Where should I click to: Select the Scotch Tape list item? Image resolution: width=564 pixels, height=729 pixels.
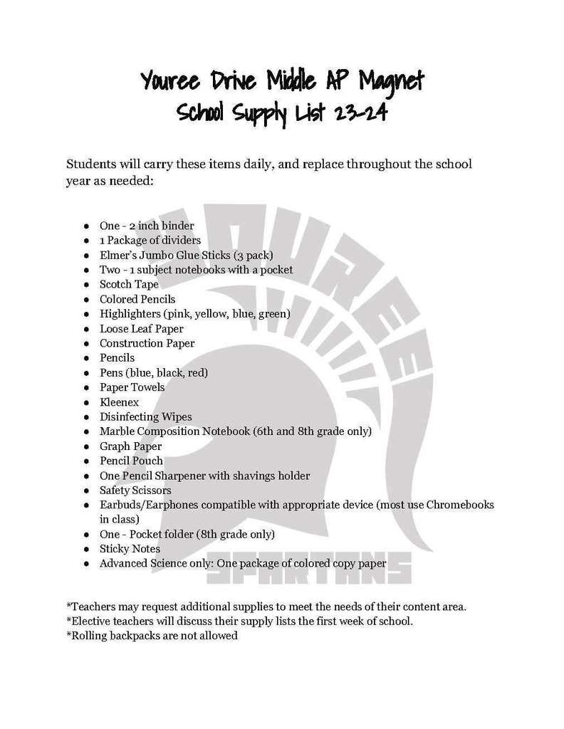[129, 284]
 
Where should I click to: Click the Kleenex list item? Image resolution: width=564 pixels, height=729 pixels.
[119, 402]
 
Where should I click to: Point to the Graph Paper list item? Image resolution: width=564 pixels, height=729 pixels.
[130, 446]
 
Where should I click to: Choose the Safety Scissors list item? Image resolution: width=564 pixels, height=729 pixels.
[135, 491]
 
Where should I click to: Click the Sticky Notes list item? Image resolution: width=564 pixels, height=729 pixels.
[130, 549]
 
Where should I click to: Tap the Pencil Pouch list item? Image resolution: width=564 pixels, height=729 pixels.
[131, 461]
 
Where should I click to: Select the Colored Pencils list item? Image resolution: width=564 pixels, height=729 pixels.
[137, 299]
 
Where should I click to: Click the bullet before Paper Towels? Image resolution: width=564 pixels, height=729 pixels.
[86, 388]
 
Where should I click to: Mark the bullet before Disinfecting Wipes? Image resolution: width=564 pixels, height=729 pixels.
[86, 417]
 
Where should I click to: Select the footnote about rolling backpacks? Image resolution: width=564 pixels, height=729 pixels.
[152, 636]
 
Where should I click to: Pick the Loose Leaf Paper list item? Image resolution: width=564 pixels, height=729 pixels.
[141, 329]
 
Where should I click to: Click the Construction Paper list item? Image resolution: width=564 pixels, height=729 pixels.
[147, 343]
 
